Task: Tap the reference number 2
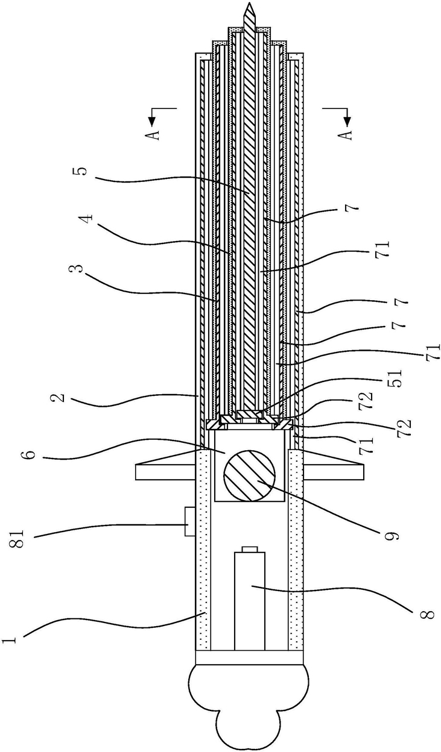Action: tap(60, 397)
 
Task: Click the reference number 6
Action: tap(29, 455)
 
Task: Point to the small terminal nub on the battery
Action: tap(249, 549)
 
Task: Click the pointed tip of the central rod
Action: tap(249, 2)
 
